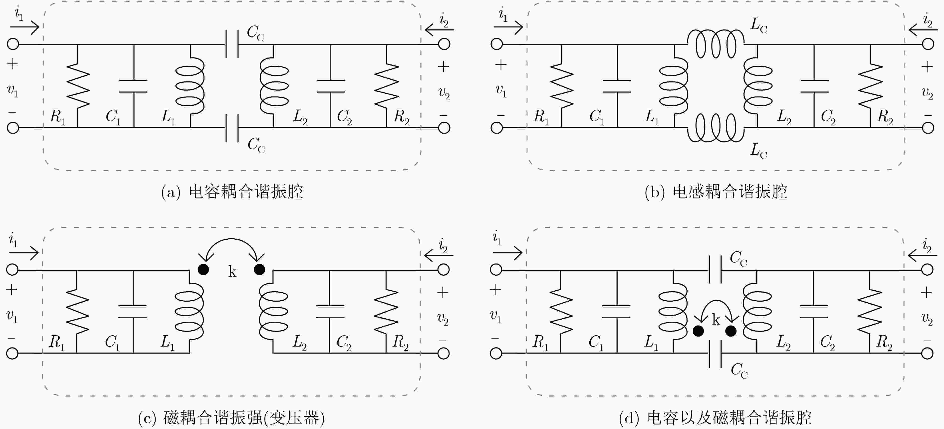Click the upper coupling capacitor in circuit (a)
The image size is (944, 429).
click(232, 44)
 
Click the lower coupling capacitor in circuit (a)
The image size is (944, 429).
click(232, 128)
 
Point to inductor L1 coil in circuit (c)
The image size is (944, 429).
click(190, 311)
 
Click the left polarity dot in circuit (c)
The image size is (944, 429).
click(203, 270)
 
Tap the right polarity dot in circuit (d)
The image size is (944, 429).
click(731, 331)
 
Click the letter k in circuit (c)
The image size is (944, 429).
click(232, 272)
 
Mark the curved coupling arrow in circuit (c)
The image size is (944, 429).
click(232, 240)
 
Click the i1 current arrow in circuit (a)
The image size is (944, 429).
click(24, 26)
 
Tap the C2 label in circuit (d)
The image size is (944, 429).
click(827, 343)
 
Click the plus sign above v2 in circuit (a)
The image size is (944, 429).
click(444, 67)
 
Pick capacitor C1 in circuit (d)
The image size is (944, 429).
click(617, 311)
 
